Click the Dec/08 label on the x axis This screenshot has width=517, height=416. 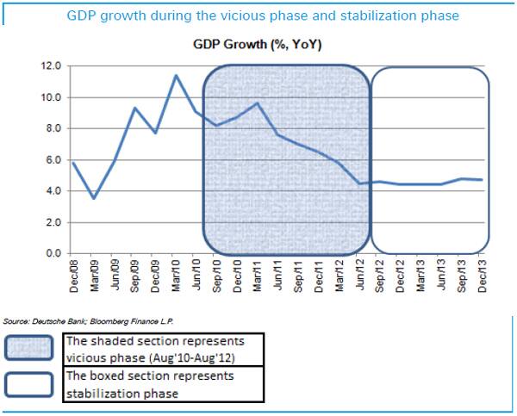(x=75, y=274)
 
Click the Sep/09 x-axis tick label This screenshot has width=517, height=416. (x=136, y=274)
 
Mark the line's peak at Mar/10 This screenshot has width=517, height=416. (x=177, y=76)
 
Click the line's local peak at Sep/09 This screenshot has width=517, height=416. (x=136, y=108)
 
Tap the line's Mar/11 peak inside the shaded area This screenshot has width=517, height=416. (x=258, y=103)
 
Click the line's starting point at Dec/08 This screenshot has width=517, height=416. (x=75, y=163)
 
